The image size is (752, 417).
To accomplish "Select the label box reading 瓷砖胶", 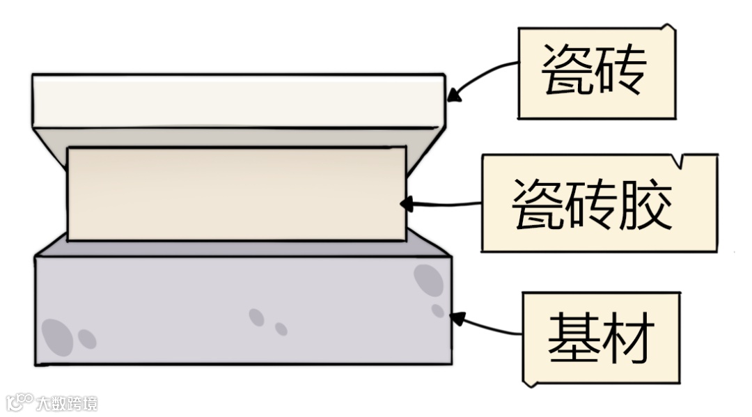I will [x=599, y=203].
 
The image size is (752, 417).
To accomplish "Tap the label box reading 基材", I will [x=601, y=338].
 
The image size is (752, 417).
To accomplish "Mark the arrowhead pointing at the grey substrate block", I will [x=457, y=319].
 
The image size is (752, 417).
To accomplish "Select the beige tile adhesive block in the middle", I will [x=237, y=194].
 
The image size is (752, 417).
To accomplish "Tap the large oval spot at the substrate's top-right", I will [x=428, y=280].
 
